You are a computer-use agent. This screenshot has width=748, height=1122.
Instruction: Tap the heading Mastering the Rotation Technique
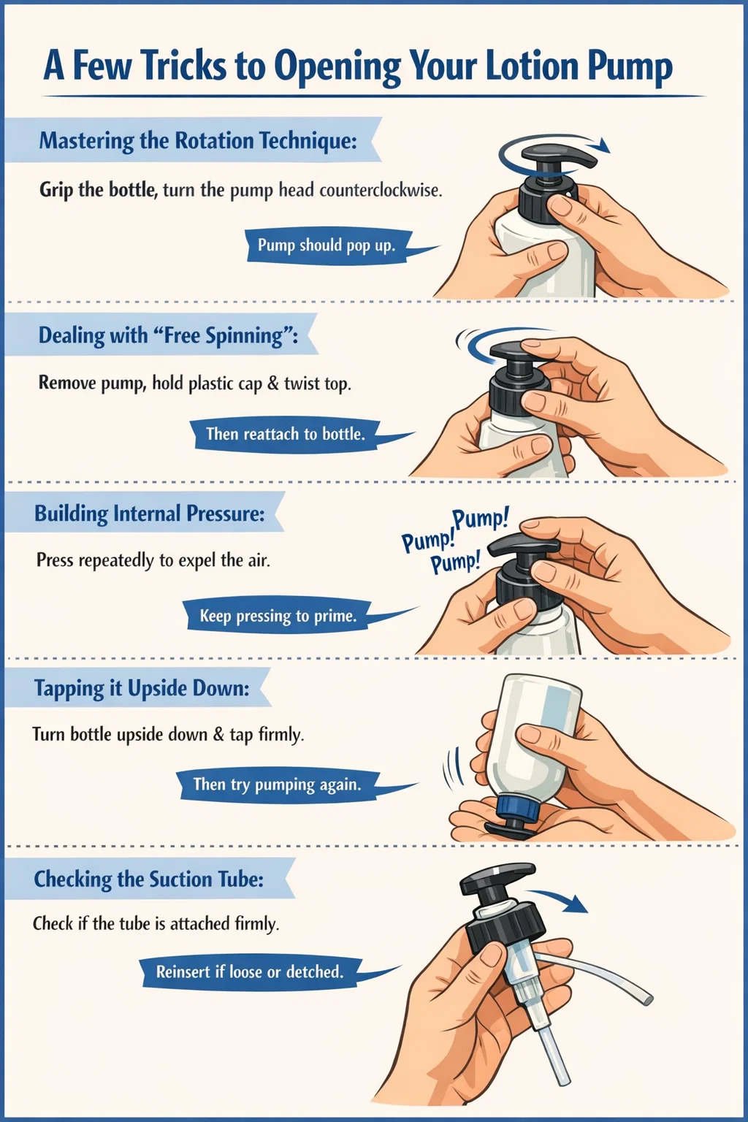tap(198, 141)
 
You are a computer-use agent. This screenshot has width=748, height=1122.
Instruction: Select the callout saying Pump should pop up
tap(326, 245)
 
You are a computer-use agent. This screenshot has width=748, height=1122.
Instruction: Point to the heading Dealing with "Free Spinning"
tap(168, 335)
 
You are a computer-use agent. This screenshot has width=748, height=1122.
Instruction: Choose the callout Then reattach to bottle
tap(286, 434)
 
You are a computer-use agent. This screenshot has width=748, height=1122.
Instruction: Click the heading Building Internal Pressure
tap(149, 514)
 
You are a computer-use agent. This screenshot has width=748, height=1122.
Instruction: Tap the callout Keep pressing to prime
tap(278, 615)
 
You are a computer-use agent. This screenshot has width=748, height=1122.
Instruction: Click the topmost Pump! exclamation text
tap(480, 519)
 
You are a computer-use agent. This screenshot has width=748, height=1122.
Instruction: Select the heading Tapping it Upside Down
tap(142, 689)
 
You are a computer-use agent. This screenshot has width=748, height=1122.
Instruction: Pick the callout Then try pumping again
tap(277, 785)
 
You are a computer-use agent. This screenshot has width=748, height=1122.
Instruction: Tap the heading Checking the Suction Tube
tap(149, 879)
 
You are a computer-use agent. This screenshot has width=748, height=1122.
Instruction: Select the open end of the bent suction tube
tap(648, 999)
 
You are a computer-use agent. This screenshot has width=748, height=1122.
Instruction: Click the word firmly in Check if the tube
tap(256, 923)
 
